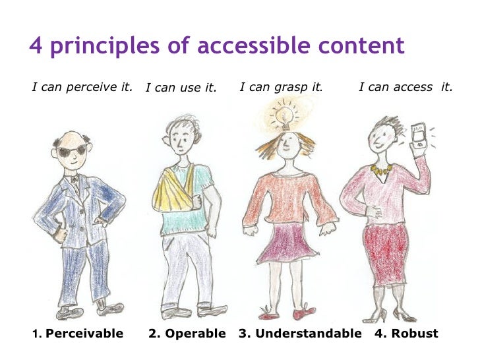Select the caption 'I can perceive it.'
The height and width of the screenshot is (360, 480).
(x=82, y=86)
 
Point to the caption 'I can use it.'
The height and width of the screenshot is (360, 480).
(x=181, y=88)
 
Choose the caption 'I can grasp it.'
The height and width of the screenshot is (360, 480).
(x=281, y=86)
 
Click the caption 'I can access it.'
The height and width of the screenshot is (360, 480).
(x=405, y=86)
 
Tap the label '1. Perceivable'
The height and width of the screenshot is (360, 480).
(x=78, y=334)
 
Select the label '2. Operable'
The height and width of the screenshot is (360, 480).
(x=187, y=334)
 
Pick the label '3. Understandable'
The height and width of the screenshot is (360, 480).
(x=300, y=334)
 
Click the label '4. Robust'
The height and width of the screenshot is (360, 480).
(x=406, y=334)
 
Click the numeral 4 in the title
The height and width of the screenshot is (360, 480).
(x=36, y=46)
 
